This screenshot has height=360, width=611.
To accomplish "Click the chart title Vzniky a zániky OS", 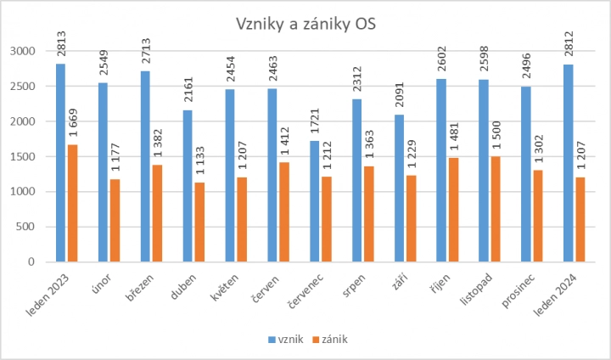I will pos(305,25).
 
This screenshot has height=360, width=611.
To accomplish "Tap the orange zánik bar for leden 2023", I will pos(74,203).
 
